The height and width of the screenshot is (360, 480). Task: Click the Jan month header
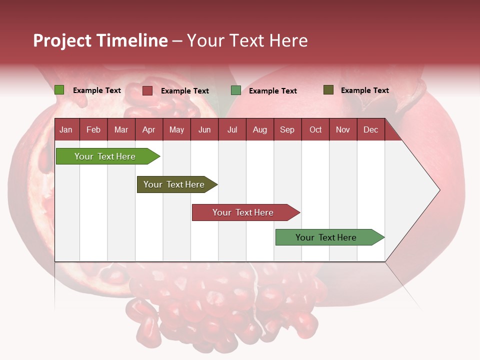[66, 129]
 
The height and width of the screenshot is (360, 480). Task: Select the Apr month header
[148, 129]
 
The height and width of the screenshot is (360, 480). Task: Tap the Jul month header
[232, 129]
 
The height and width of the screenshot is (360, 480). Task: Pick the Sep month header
[287, 129]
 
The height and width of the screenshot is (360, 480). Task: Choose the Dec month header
[370, 129]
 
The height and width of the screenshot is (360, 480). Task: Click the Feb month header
[93, 129]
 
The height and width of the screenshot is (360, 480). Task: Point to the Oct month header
[315, 129]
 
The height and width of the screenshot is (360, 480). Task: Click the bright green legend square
[59, 90]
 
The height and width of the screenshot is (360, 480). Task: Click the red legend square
[147, 90]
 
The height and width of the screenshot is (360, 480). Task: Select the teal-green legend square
[235, 90]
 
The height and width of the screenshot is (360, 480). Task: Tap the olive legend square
[328, 90]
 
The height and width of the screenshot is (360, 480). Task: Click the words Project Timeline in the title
[100, 40]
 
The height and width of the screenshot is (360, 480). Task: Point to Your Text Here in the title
[247, 40]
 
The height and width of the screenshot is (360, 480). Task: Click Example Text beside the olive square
[364, 90]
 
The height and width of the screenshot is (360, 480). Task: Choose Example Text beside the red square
[184, 91]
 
